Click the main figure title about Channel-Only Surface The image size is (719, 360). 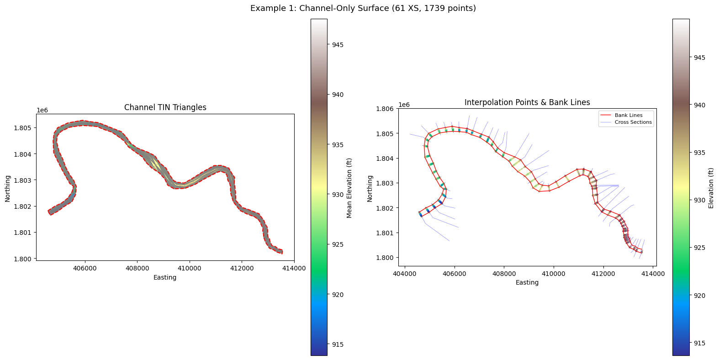[x=363, y=8]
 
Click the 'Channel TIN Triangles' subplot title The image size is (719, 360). [x=165, y=107]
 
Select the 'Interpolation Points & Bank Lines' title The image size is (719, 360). [x=527, y=102]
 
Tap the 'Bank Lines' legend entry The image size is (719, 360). [x=629, y=115]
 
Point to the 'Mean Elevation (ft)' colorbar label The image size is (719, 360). [x=349, y=188]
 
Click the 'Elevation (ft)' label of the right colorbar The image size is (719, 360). [x=711, y=188]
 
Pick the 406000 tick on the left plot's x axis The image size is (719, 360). [x=85, y=269]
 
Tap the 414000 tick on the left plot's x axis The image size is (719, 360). [x=294, y=269]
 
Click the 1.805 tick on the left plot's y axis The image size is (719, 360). [x=22, y=128]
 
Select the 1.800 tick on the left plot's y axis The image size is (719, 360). [x=22, y=259]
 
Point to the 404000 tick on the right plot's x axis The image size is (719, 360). [x=405, y=274]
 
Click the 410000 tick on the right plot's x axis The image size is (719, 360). [x=554, y=274]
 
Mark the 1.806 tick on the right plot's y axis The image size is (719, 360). [x=385, y=109]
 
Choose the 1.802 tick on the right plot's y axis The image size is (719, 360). [x=385, y=208]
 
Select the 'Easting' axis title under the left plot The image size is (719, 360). [x=165, y=277]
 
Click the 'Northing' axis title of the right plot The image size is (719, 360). [x=370, y=189]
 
